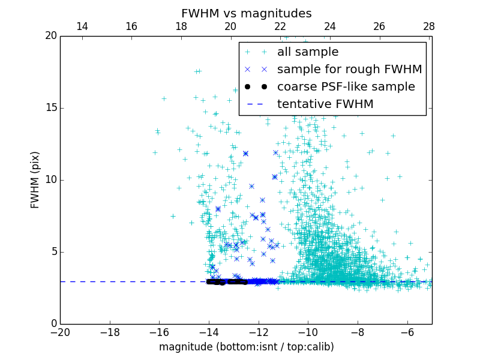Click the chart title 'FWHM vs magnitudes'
pos(246,13)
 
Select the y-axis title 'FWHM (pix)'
pos(35,179)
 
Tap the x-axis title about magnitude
pos(246,347)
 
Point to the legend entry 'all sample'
pos(308,52)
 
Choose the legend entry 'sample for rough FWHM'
pos(349,70)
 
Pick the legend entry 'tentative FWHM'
pos(325,104)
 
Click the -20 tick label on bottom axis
pos(60,332)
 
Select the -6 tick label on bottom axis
pos(407,332)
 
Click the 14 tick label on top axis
pos(82,26)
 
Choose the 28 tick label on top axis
pos(429,26)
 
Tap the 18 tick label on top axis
pos(181,26)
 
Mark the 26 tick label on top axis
pos(379,26)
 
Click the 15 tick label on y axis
pos(50,108)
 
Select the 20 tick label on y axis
pos(50,36)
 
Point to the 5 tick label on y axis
pos(53,252)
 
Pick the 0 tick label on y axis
pos(53,324)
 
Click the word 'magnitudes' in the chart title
pos(281,13)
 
